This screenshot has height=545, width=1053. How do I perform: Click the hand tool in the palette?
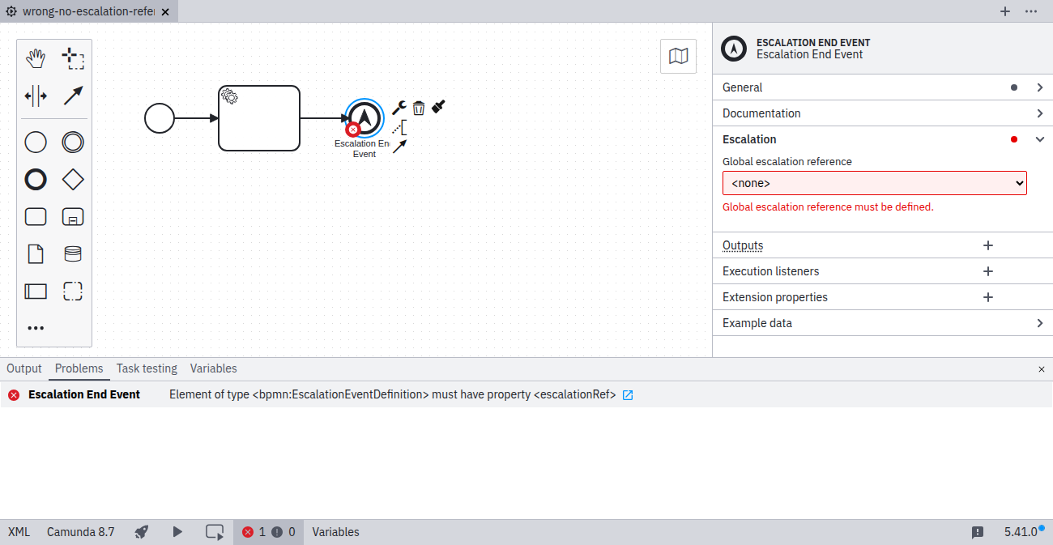pyautogui.click(x=36, y=59)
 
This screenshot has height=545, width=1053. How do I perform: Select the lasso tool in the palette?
pyautogui.click(x=73, y=59)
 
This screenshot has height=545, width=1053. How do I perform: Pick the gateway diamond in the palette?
pyautogui.click(x=73, y=180)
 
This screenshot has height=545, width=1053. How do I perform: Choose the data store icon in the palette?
pyautogui.click(x=73, y=253)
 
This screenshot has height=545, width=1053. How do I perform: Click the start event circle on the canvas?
pyautogui.click(x=160, y=118)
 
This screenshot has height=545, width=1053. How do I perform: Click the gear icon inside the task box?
pyautogui.click(x=229, y=96)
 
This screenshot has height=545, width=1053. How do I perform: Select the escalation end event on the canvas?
pyautogui.click(x=364, y=118)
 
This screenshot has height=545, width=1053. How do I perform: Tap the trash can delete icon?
pyautogui.click(x=419, y=108)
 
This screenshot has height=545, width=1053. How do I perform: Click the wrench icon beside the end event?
pyautogui.click(x=399, y=108)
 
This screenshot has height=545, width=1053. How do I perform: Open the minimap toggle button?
pyautogui.click(x=678, y=57)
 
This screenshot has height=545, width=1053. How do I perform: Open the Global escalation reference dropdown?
pyautogui.click(x=874, y=183)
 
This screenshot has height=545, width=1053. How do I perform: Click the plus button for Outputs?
pyautogui.click(x=988, y=245)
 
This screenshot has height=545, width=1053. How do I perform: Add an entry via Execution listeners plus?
pyautogui.click(x=988, y=271)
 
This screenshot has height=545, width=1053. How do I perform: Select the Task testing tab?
pyautogui.click(x=147, y=368)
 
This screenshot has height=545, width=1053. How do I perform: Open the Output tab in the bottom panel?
pyautogui.click(x=24, y=368)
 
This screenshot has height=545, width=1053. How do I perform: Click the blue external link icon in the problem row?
pyautogui.click(x=628, y=395)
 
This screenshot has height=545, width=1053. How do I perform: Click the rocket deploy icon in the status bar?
pyautogui.click(x=142, y=532)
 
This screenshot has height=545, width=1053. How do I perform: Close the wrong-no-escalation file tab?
pyautogui.click(x=165, y=12)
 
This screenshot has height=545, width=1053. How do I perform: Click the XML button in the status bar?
pyautogui.click(x=19, y=532)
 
